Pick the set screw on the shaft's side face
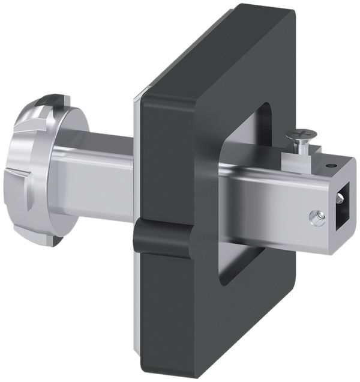(317, 217)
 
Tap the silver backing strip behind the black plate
(136, 180)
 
